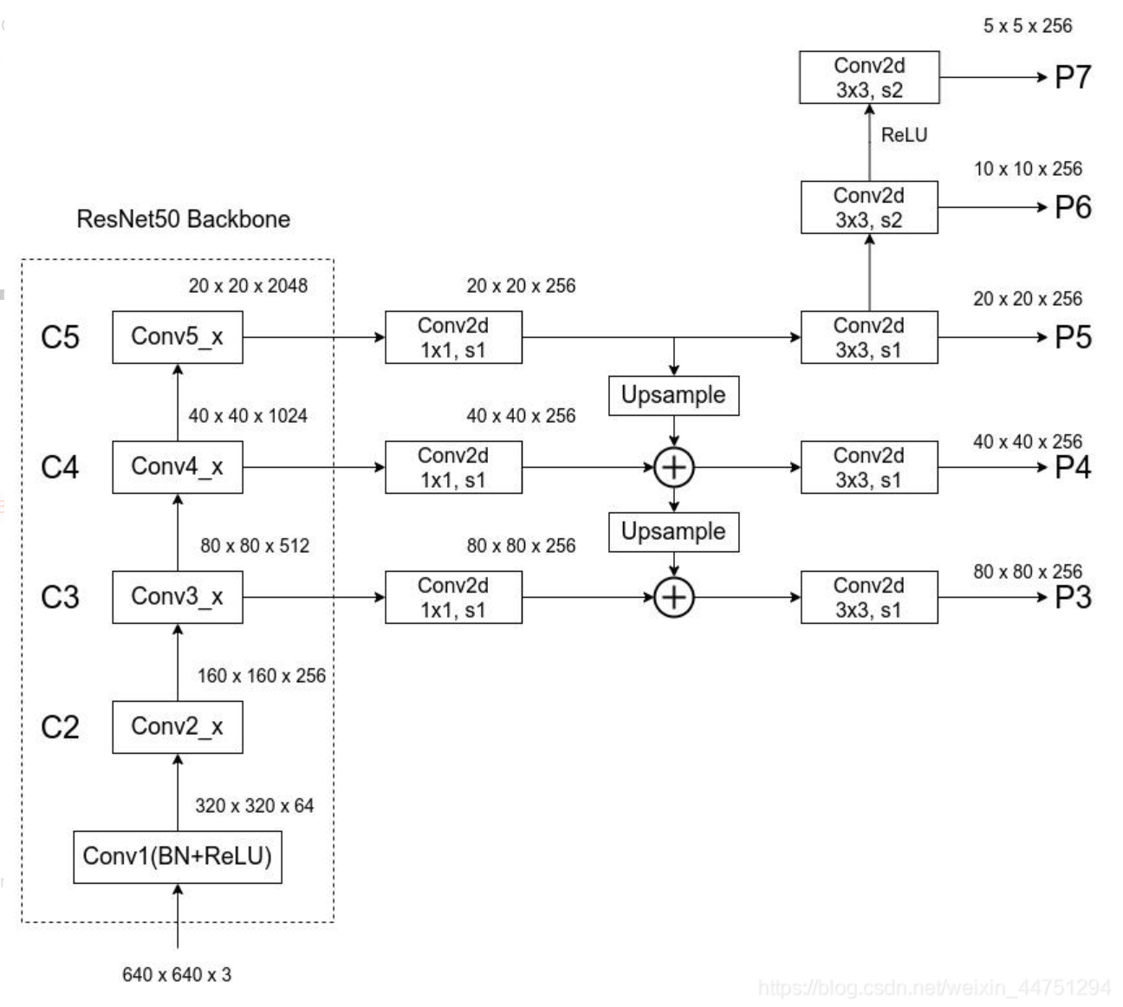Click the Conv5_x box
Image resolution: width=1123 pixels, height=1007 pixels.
[177, 337]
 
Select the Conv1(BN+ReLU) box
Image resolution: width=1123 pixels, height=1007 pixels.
[177, 857]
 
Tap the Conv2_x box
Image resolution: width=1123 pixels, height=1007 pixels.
[177, 727]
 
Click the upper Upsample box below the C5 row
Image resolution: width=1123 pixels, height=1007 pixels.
[673, 395]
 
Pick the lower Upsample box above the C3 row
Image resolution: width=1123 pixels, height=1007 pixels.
[673, 531]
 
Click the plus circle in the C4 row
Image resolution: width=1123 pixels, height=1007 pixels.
[673, 468]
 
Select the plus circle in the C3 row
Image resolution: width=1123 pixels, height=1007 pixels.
[673, 598]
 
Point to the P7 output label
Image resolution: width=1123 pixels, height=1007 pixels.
[1073, 78]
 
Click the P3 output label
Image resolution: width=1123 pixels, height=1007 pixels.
[1073, 598]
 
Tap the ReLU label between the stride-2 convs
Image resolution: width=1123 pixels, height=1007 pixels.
[904, 135]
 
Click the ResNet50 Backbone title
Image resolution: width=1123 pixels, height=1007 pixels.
[184, 218]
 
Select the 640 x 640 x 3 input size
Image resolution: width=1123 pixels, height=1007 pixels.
[177, 975]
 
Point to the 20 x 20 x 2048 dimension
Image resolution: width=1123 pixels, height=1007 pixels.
[248, 286]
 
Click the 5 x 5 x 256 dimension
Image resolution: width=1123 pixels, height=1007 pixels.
[1027, 26]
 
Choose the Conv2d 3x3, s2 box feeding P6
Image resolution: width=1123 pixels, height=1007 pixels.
[869, 208]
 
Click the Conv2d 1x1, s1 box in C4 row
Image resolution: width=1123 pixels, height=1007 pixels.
[453, 468]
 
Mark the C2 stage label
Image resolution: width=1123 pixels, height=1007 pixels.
[60, 727]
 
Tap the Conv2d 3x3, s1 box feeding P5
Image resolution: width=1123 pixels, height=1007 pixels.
[869, 337]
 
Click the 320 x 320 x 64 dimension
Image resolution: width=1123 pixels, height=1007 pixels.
[254, 806]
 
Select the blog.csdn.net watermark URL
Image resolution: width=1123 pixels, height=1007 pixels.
[933, 988]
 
